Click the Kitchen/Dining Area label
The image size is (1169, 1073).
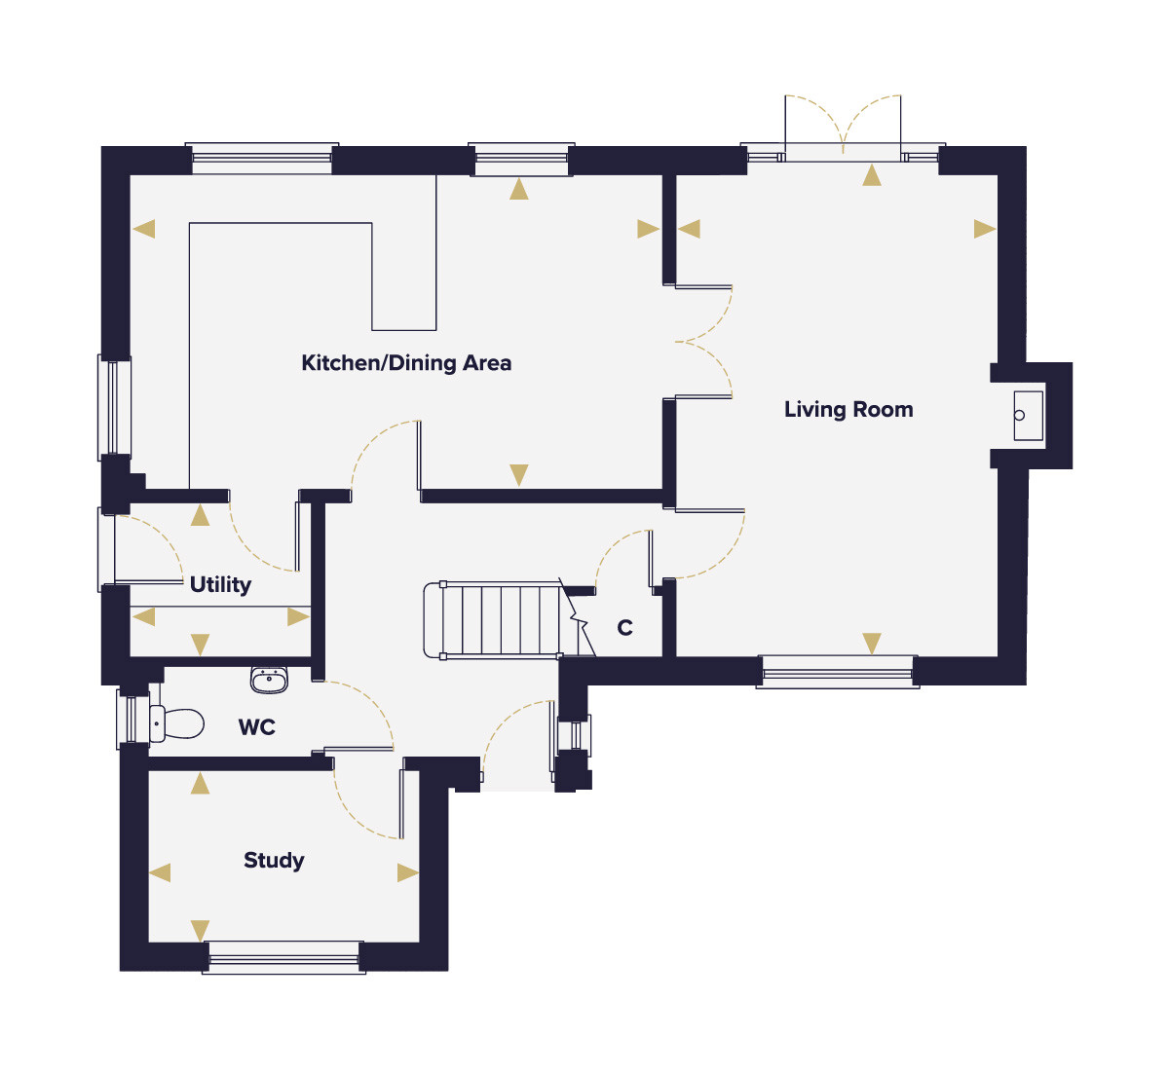click(406, 363)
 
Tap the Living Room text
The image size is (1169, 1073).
click(848, 410)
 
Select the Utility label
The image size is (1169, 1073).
click(220, 584)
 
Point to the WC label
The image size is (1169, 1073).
click(257, 727)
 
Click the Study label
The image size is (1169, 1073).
click(274, 860)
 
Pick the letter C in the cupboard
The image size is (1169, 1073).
click(624, 627)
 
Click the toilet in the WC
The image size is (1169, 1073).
click(176, 723)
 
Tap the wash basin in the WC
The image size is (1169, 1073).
click(269, 680)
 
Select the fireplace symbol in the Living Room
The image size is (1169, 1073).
click(1028, 416)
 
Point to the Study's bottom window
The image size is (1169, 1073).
click(283, 957)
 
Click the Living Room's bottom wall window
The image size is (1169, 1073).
click(838, 672)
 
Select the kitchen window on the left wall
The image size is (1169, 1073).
click(115, 408)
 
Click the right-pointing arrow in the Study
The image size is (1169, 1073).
click(408, 872)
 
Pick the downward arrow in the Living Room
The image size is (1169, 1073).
click(872, 644)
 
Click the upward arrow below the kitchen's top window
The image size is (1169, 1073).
click(518, 189)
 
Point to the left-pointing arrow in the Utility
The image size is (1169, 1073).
click(144, 616)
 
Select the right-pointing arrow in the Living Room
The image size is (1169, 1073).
click(985, 229)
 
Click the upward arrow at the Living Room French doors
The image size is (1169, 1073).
click(872, 175)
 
